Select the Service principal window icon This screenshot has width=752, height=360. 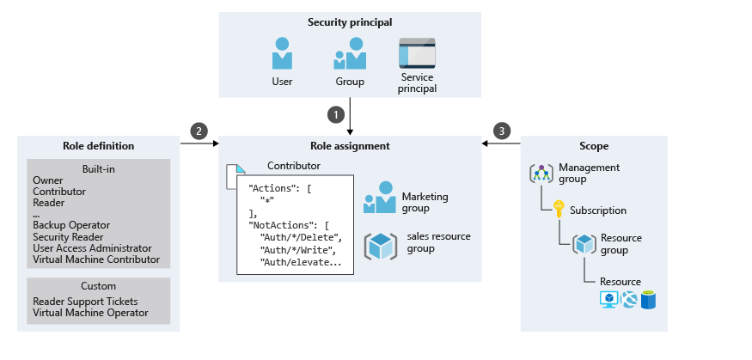(417, 53)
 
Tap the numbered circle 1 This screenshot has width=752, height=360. (337, 113)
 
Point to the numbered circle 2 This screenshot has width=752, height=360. (199, 131)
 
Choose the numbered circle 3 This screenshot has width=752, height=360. (502, 131)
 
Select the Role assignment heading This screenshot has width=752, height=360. (350, 146)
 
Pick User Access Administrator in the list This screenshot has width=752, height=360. (92, 247)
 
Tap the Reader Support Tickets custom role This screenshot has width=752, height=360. (84, 302)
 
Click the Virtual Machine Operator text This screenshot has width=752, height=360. (90, 313)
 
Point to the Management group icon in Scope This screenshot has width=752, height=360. (541, 173)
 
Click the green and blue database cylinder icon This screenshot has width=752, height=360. (647, 299)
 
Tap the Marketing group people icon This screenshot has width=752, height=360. (379, 197)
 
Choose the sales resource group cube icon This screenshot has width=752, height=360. (379, 246)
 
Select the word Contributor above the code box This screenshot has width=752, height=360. (294, 164)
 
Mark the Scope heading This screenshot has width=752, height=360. (594, 146)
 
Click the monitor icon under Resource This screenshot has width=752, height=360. (609, 299)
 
